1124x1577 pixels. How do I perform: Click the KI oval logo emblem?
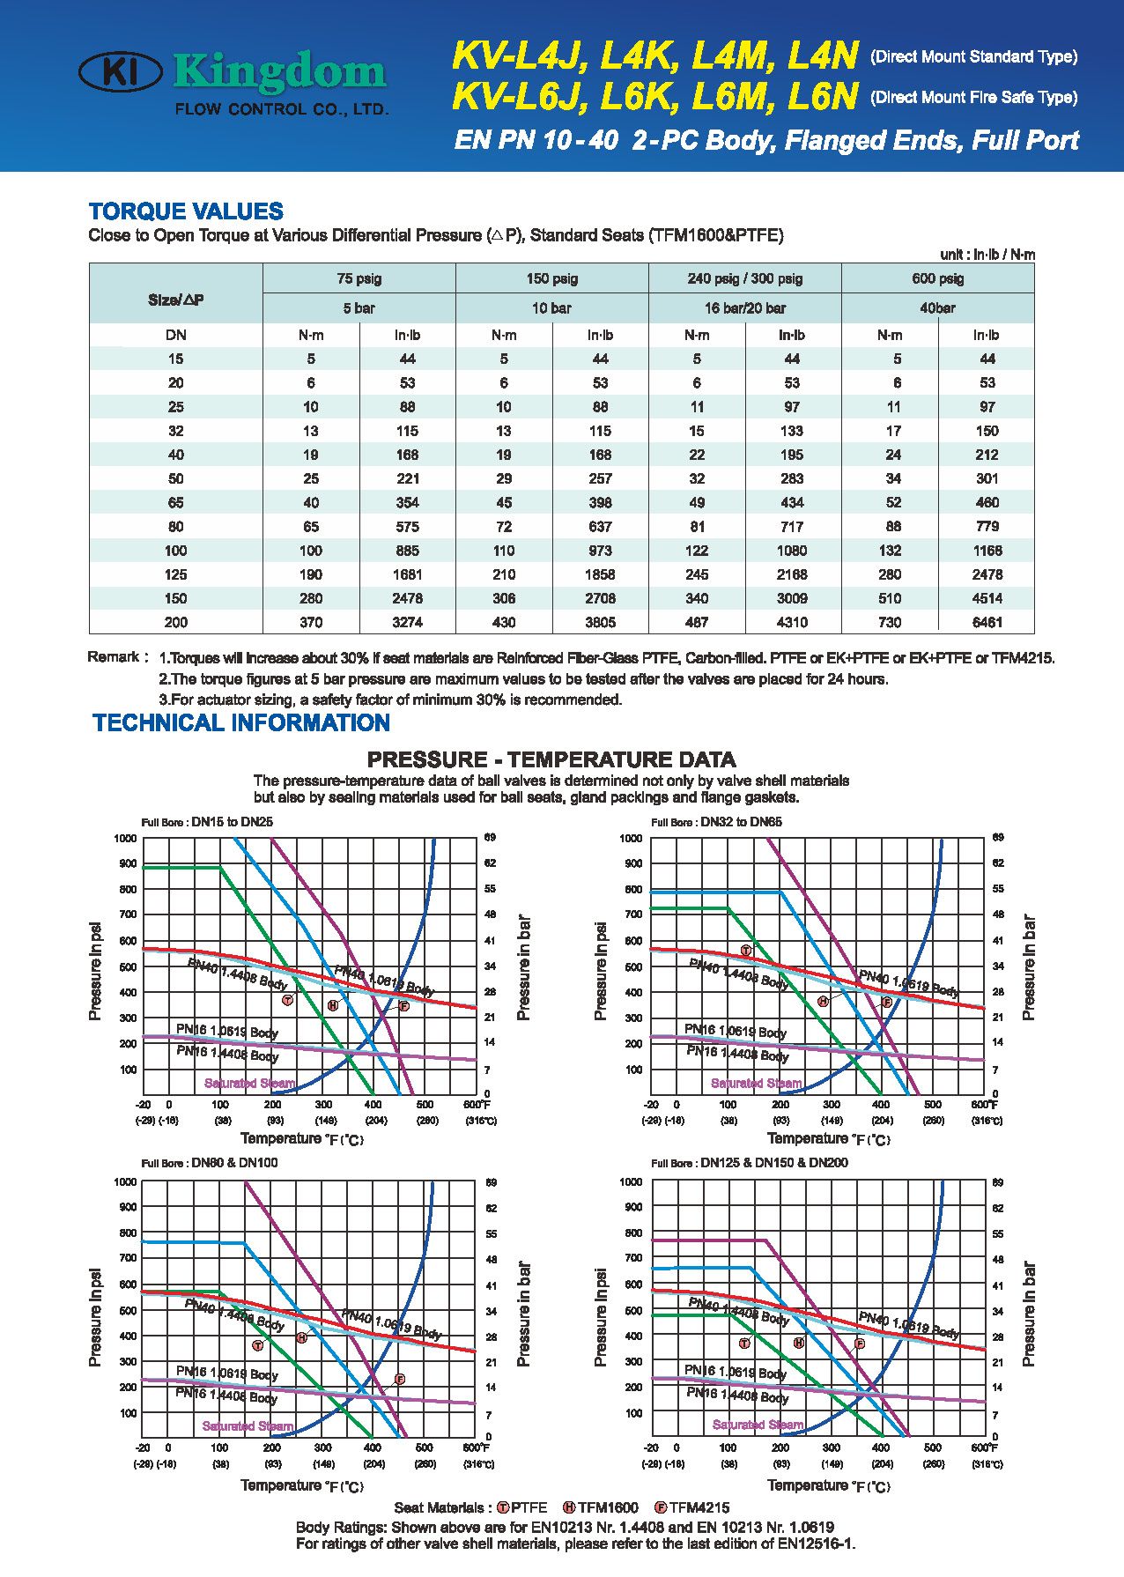(x=120, y=71)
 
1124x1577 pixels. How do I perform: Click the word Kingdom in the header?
(x=280, y=73)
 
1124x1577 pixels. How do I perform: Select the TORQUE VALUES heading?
(x=186, y=211)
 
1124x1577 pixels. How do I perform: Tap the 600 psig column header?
(x=937, y=278)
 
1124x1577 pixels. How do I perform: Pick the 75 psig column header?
(x=359, y=278)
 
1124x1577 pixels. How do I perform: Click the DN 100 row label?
(x=176, y=551)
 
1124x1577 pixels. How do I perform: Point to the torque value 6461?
(x=987, y=622)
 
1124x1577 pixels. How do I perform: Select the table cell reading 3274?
(x=407, y=622)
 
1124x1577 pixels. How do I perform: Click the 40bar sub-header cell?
(x=937, y=308)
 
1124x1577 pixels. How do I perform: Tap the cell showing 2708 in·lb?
(x=600, y=598)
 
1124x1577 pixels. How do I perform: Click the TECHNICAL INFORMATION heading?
(x=241, y=723)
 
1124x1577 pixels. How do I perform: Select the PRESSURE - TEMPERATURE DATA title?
(x=551, y=759)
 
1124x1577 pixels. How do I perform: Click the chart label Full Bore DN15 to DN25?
(x=207, y=822)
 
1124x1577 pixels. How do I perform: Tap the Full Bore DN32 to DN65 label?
(x=716, y=822)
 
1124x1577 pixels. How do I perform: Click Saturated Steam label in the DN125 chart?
(x=758, y=1425)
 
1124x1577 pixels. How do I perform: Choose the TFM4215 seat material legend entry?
(x=692, y=1507)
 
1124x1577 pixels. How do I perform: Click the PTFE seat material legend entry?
(x=521, y=1507)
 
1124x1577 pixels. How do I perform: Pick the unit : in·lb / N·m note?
(x=987, y=255)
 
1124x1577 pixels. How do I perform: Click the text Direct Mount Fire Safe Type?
(x=973, y=97)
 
